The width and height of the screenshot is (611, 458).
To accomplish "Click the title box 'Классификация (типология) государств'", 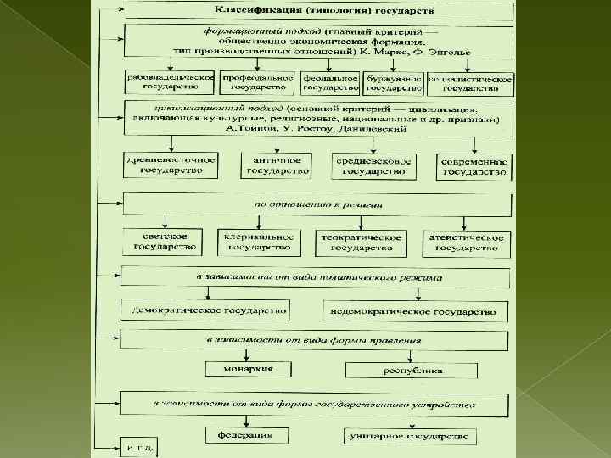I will click(x=318, y=11).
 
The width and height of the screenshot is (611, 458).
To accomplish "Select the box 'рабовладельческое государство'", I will click(x=170, y=82).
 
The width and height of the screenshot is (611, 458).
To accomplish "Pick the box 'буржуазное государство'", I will click(x=394, y=82).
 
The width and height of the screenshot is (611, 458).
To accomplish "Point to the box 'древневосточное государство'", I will click(x=170, y=165).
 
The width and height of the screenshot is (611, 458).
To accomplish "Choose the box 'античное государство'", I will click(x=275, y=165).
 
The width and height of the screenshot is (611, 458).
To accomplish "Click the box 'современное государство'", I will click(x=474, y=165).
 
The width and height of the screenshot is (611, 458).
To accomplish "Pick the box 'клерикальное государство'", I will click(x=258, y=243).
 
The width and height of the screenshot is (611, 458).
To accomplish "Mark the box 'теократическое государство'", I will click(x=361, y=243).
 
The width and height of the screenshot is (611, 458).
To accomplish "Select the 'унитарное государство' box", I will click(x=408, y=436).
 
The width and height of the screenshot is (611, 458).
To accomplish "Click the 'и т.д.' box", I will click(x=140, y=445).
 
